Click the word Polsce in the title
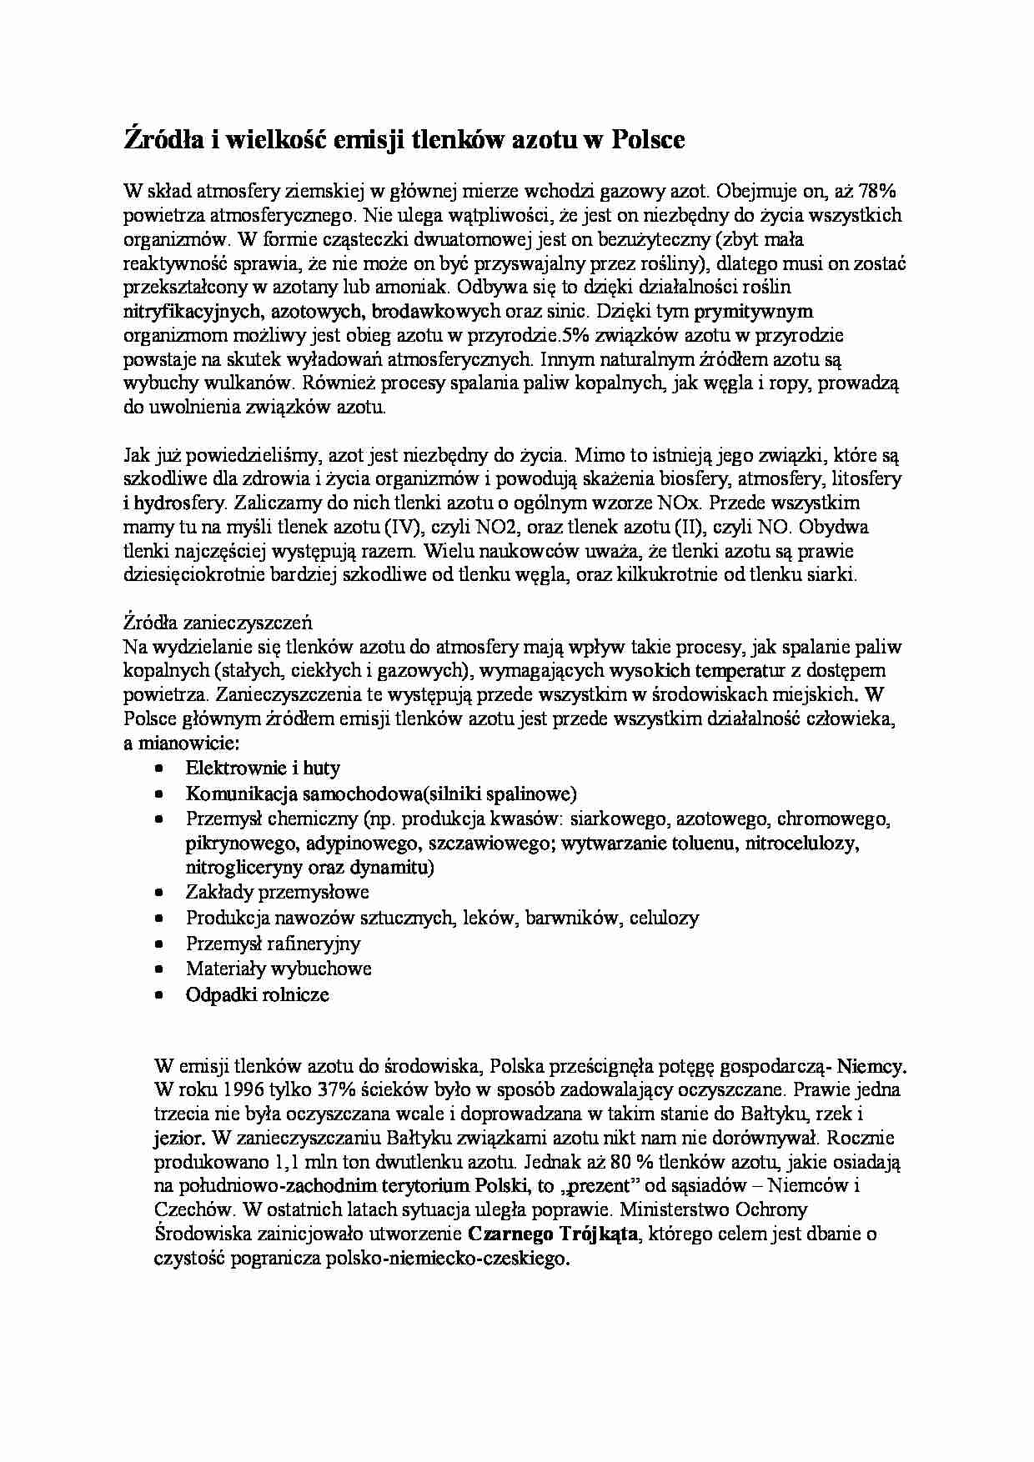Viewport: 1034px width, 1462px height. click(648, 140)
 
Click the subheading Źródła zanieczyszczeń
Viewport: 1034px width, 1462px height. click(217, 622)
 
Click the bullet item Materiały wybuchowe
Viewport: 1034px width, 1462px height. click(279, 969)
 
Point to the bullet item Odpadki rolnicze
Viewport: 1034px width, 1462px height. click(258, 994)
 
